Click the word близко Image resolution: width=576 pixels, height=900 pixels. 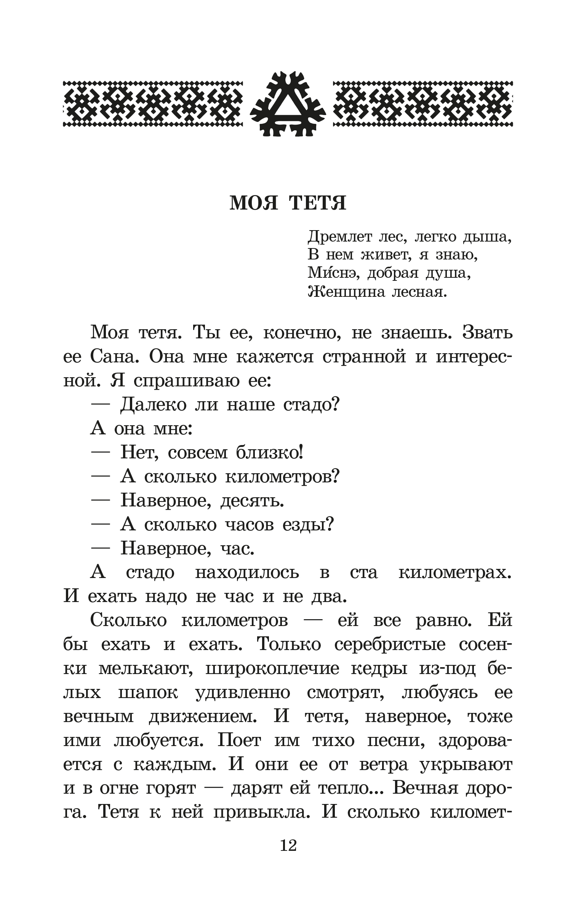click(x=269, y=453)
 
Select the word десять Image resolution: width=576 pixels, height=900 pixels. click(x=252, y=501)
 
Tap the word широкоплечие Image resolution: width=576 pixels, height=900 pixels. click(x=272, y=669)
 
